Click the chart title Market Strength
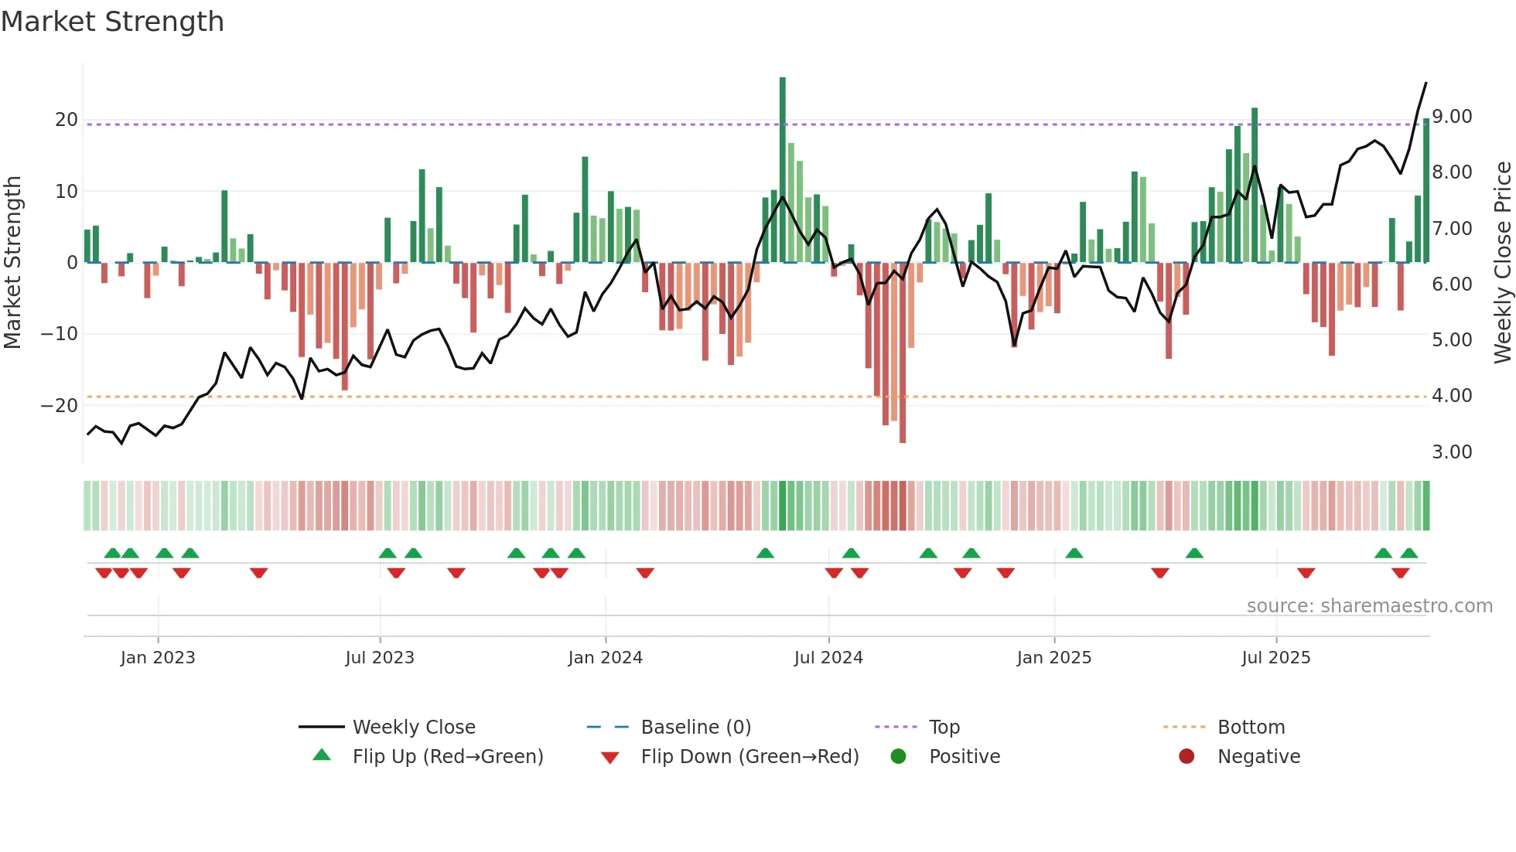pyautogui.click(x=112, y=22)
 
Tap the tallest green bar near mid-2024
pyautogui.click(x=782, y=170)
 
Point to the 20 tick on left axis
pyautogui.click(x=67, y=120)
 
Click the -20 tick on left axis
pyautogui.click(x=60, y=406)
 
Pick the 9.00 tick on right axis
pyautogui.click(x=1452, y=117)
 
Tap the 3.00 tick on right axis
pyautogui.click(x=1452, y=452)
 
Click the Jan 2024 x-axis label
pyautogui.click(x=605, y=658)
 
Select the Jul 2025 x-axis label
pyautogui.click(x=1275, y=658)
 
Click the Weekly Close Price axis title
pyautogui.click(x=1502, y=263)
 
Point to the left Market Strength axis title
pyautogui.click(x=12, y=263)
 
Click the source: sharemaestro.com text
pyautogui.click(x=1369, y=606)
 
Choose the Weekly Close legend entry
pyautogui.click(x=414, y=728)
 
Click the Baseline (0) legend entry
pyautogui.click(x=695, y=728)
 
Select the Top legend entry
pyautogui.click(x=944, y=728)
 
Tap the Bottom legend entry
pyautogui.click(x=1251, y=728)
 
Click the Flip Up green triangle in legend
pyautogui.click(x=322, y=755)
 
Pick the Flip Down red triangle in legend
pyautogui.click(x=609, y=758)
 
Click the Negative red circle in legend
pyautogui.click(x=1187, y=756)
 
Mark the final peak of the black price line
pyautogui.click(x=1426, y=83)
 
